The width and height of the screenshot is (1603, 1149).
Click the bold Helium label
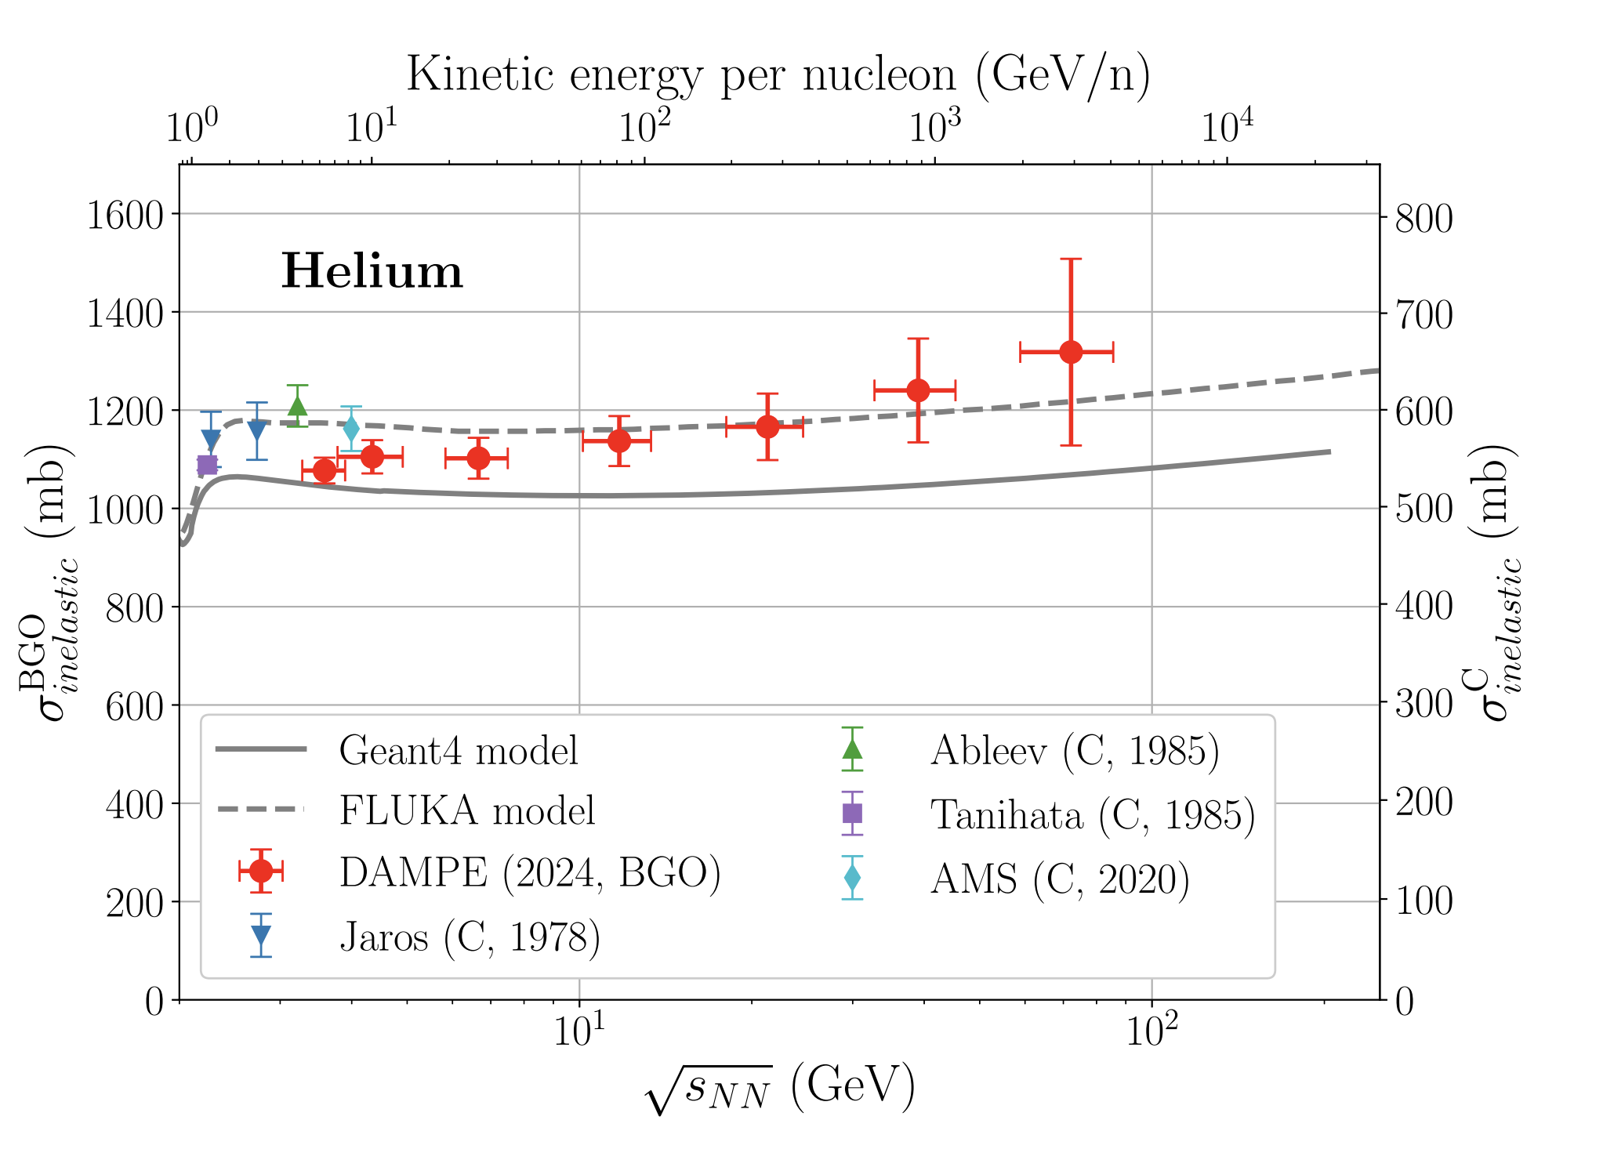click(x=372, y=271)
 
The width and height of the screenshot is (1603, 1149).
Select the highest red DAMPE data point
click(x=1071, y=352)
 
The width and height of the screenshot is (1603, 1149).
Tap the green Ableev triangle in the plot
click(x=297, y=405)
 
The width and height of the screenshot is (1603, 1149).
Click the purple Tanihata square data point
click(x=207, y=466)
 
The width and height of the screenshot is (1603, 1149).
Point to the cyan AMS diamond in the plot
click(x=351, y=429)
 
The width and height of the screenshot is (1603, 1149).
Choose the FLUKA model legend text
click(x=467, y=810)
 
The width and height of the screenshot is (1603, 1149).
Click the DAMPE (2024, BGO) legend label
click(x=530, y=872)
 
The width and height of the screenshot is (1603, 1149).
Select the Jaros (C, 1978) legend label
click(x=470, y=937)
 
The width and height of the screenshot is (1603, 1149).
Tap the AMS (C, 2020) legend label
click(x=1060, y=879)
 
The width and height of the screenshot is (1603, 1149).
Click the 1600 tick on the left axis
click(x=124, y=215)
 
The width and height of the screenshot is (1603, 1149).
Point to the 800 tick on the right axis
click(x=1423, y=218)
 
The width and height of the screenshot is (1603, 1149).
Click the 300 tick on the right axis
click(x=1423, y=705)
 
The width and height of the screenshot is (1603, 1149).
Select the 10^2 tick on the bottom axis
click(x=1151, y=1031)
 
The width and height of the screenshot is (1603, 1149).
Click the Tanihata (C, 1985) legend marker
click(x=852, y=814)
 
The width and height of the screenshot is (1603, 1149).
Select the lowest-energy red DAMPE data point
click(x=325, y=470)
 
